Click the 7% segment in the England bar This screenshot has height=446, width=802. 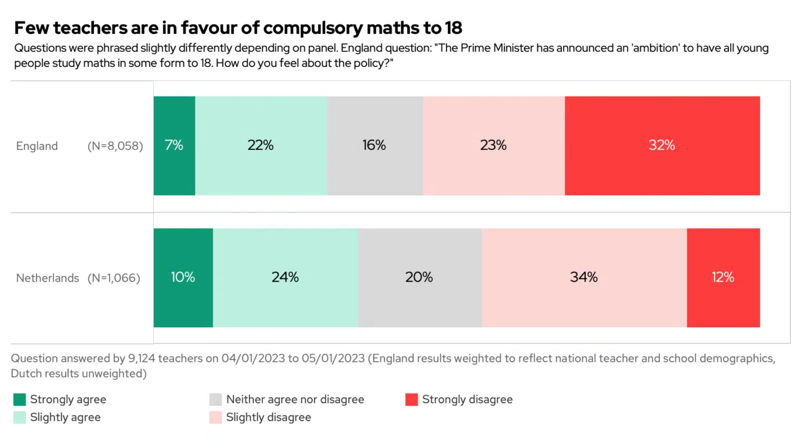point(174,146)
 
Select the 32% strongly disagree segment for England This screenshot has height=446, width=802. point(662,146)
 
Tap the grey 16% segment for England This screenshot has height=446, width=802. point(375,146)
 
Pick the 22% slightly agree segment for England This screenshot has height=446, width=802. point(261,146)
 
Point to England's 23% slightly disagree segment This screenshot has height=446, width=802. point(493,146)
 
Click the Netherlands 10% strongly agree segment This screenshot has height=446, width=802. point(183,277)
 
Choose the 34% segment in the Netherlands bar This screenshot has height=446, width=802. point(584,277)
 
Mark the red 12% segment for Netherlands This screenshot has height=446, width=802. point(723,277)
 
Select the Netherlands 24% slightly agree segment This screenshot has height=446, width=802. point(286,277)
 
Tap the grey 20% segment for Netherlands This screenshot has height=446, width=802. point(420,277)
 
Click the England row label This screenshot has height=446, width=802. point(37,146)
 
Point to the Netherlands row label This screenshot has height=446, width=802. point(47,278)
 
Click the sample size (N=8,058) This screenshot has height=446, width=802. point(115,146)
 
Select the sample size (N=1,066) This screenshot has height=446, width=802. point(114,278)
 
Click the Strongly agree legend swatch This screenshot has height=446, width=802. point(19,400)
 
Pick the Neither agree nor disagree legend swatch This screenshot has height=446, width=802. point(216,400)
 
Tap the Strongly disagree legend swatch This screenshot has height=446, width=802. point(412,400)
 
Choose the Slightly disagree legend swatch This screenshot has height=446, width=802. point(216,418)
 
